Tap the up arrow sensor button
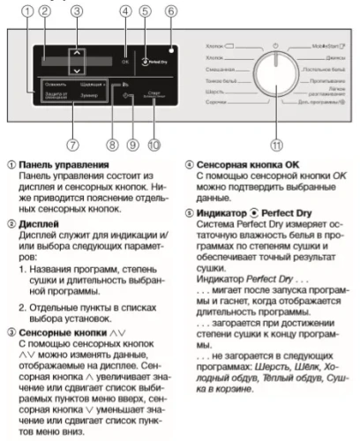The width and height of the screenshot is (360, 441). click(79, 53)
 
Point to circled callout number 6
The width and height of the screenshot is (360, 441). click(170, 11)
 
